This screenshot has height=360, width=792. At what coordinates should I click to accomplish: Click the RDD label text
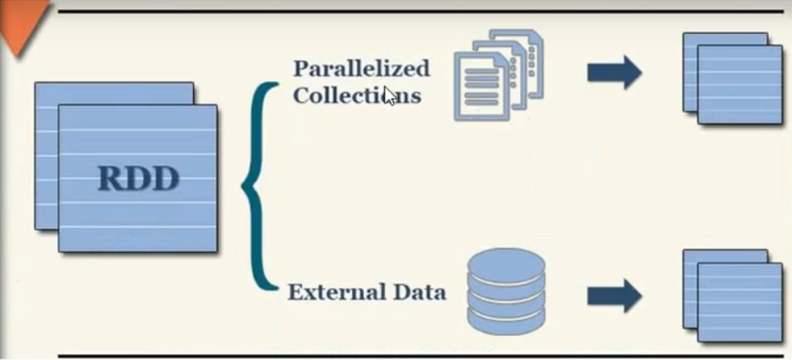[x=139, y=180]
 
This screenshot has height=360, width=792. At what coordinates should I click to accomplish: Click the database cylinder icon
[x=506, y=290]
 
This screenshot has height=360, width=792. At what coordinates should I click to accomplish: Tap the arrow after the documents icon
[x=613, y=71]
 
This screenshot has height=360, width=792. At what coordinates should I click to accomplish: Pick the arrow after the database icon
[x=613, y=294]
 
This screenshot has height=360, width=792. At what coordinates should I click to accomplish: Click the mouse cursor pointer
[x=390, y=94]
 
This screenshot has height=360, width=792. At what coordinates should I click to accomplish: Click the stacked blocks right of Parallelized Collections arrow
[x=733, y=78]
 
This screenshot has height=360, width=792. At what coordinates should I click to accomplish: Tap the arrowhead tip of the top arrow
[x=640, y=71]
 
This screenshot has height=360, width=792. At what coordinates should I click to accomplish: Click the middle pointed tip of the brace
[x=245, y=184]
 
